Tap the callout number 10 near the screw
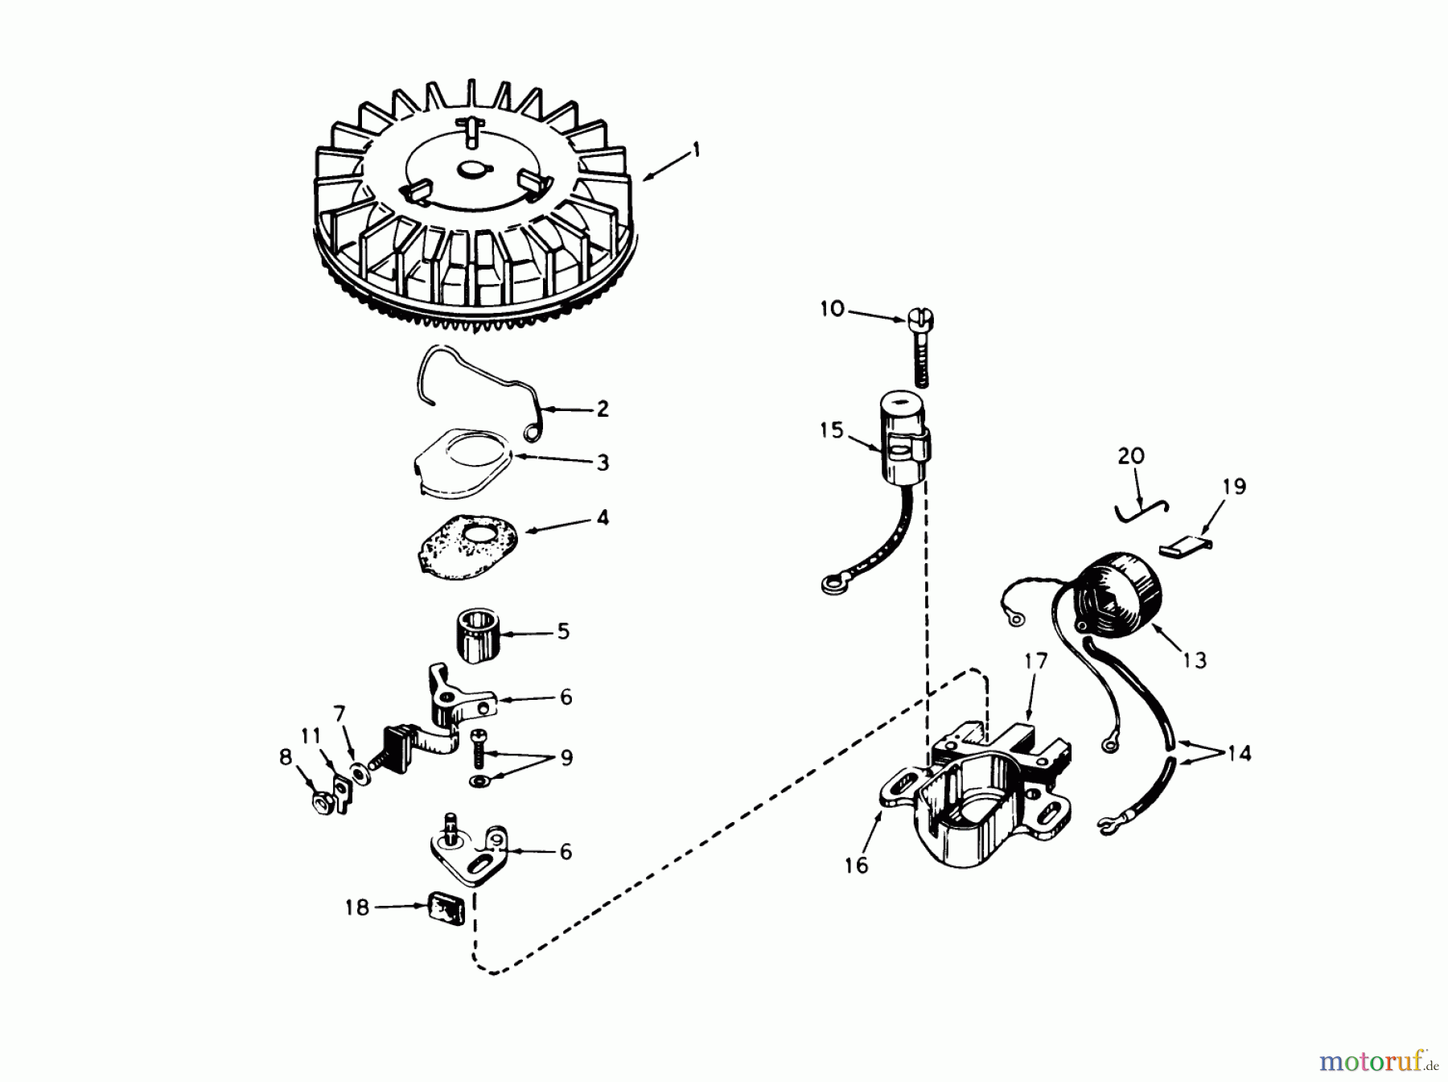[833, 308]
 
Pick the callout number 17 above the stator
[1036, 661]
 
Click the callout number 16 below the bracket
[857, 865]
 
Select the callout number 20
[1130, 456]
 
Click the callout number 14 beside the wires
[1239, 754]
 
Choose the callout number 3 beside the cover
[603, 463]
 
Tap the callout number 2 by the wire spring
[603, 409]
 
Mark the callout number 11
[311, 735]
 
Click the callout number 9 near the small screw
[566, 758]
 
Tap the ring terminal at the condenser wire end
[831, 585]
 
